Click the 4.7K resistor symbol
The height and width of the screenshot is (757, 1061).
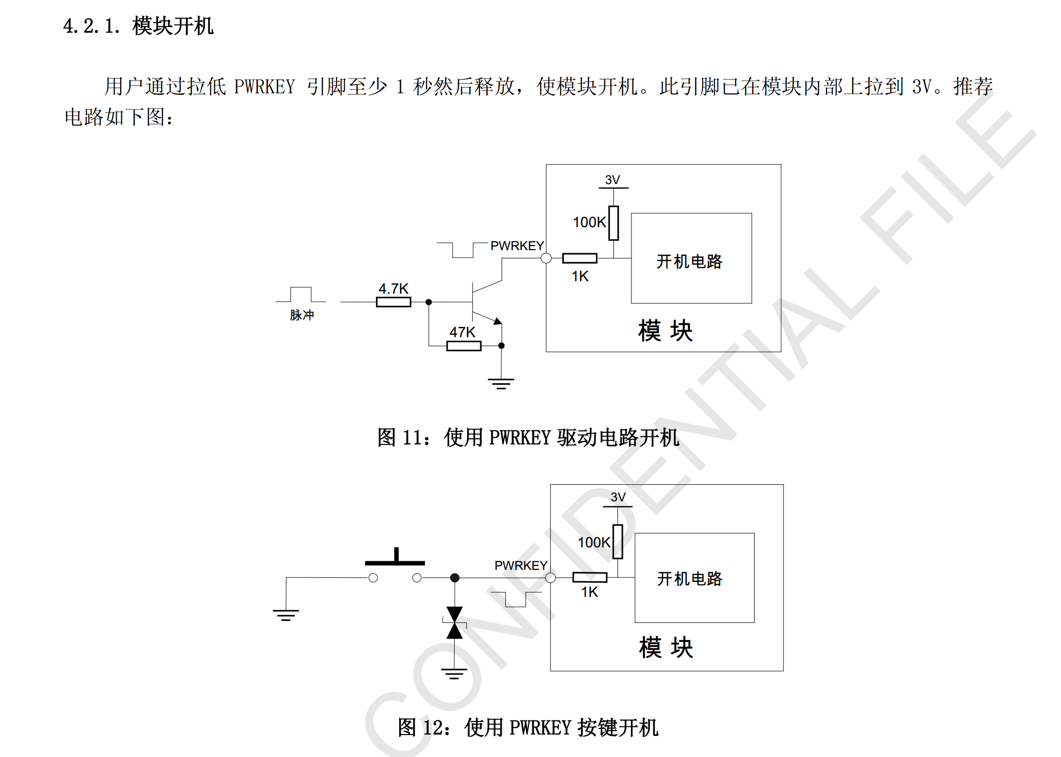394,302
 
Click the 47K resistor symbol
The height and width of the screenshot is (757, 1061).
464,346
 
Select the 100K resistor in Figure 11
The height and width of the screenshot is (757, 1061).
613,223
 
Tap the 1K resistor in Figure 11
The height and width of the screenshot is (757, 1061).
579,258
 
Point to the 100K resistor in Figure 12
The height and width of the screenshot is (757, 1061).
618,541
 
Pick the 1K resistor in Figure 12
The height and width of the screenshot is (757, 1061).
589,577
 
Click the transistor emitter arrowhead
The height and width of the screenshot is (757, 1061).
497,321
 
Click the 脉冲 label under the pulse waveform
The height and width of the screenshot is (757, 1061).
301,315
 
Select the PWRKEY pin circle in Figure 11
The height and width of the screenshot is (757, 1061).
546,258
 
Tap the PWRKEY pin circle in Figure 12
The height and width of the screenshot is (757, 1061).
550,578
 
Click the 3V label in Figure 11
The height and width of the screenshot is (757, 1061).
612,180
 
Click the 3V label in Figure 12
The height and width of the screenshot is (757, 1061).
618,497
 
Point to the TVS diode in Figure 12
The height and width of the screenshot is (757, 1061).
455,623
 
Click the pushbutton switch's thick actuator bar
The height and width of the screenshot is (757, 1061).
395,562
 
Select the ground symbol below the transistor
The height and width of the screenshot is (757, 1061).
501,383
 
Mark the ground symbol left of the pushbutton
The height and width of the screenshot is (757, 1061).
286,615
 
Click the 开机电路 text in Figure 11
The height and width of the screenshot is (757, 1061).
689,261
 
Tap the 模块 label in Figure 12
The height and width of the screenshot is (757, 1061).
666,647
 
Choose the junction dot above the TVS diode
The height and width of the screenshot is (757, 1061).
455,578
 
